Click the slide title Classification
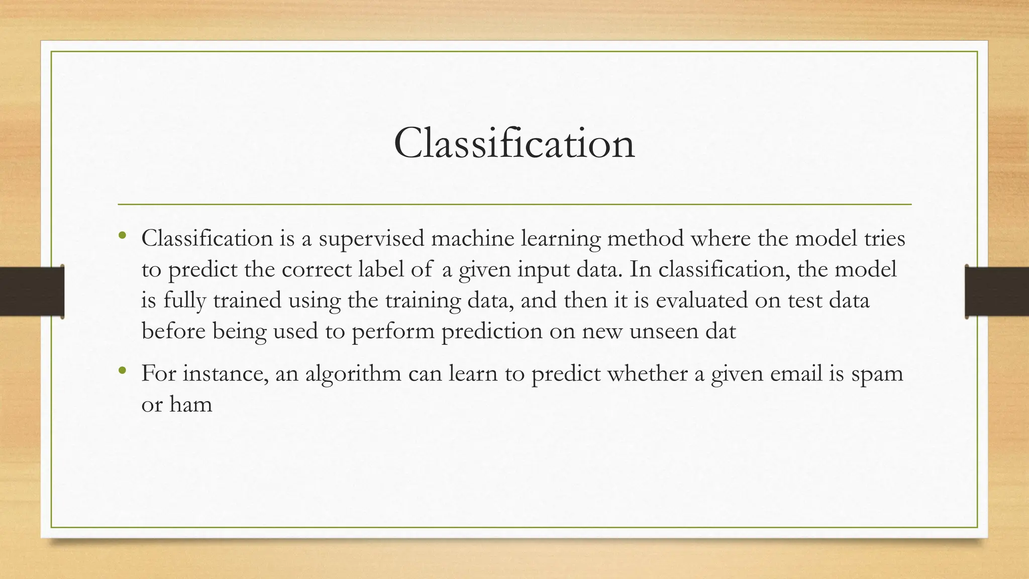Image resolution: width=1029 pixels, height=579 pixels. [x=514, y=143]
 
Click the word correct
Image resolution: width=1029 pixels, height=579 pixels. [x=317, y=269]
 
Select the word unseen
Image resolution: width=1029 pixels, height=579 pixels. [x=661, y=331]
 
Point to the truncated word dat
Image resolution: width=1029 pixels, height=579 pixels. [x=719, y=331]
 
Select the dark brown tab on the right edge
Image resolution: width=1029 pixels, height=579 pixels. [x=997, y=292]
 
